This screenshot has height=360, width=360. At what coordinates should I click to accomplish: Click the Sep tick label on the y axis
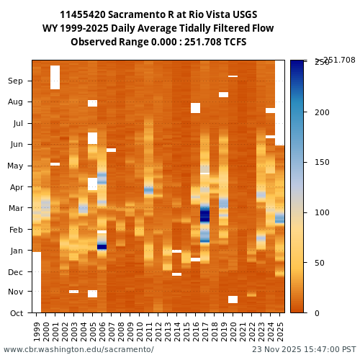coord(15,81)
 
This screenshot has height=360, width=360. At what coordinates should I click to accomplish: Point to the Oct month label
coord(16,312)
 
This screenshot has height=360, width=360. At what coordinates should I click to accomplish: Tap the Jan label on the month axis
coord(15,251)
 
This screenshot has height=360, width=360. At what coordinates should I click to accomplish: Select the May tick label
coord(15,166)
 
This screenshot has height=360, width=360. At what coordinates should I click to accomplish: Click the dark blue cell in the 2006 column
coord(102,246)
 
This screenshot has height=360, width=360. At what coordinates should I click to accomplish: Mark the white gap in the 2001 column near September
coord(55,77)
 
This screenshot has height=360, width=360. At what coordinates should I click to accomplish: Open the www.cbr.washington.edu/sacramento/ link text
coord(78,349)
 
